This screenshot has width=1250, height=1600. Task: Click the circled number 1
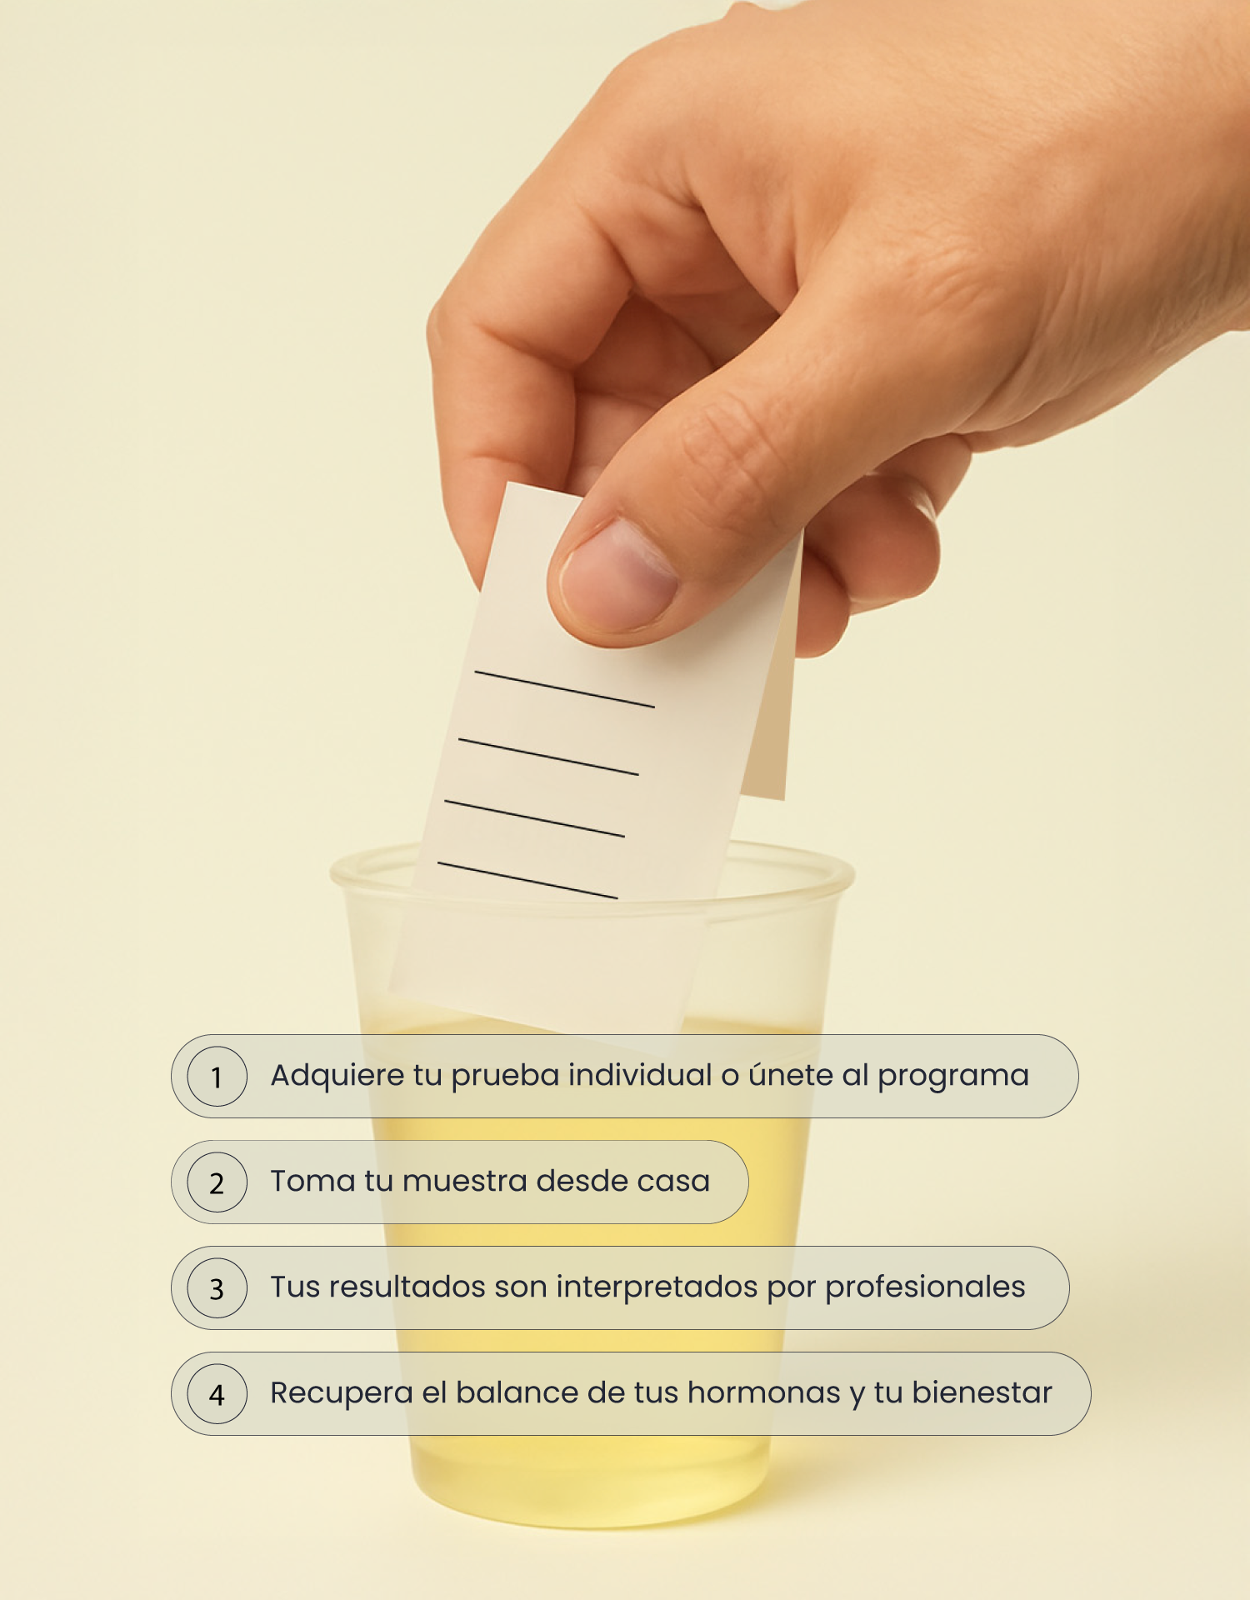click(x=217, y=1076)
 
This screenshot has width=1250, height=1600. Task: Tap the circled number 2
click(x=217, y=1182)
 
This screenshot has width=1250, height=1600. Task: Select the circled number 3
click(x=217, y=1287)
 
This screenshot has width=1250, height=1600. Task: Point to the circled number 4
click(x=217, y=1393)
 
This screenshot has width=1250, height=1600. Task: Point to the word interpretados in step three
click(x=657, y=1288)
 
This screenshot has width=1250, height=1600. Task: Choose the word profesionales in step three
click(x=925, y=1287)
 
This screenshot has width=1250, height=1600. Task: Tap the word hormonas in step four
click(x=764, y=1393)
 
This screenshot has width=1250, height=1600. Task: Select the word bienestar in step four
click(x=982, y=1392)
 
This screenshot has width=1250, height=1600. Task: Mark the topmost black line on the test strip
click(x=564, y=689)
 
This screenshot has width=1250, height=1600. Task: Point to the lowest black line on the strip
click(x=527, y=880)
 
